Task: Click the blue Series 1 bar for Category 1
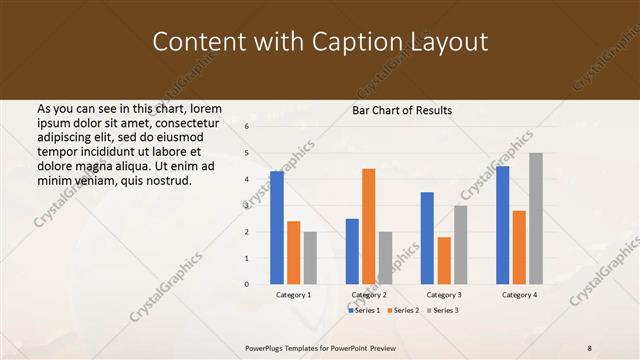[277, 228]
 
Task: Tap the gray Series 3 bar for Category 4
[536, 218]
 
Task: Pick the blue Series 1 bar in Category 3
[427, 238]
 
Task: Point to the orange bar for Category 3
[444, 260]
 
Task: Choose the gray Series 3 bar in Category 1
[310, 258]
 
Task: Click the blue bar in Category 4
[502, 225]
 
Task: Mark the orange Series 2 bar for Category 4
[519, 247]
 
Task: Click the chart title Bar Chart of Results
[403, 110]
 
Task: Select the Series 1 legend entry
[365, 311]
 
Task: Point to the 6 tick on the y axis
[246, 127]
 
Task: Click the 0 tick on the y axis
[246, 284]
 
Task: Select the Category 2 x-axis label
[368, 295]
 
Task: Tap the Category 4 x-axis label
[519, 295]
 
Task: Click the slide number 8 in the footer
[590, 348]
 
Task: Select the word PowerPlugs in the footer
[268, 348]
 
